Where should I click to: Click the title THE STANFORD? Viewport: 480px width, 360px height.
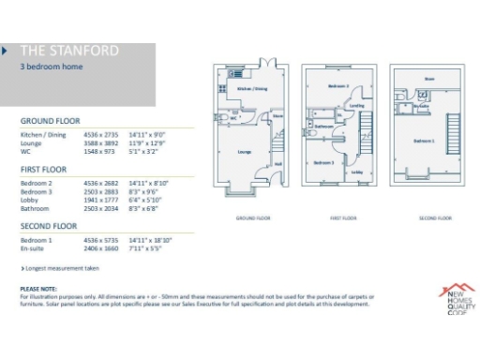57,51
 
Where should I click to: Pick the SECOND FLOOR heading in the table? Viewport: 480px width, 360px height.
50,226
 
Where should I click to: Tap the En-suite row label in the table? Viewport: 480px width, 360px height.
33,247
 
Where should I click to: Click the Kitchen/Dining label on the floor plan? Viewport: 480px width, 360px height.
250,88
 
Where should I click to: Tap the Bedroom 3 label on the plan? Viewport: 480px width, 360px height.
324,162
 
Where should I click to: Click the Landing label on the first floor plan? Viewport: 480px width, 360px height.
357,106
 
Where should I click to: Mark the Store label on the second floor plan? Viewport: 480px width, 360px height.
428,79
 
